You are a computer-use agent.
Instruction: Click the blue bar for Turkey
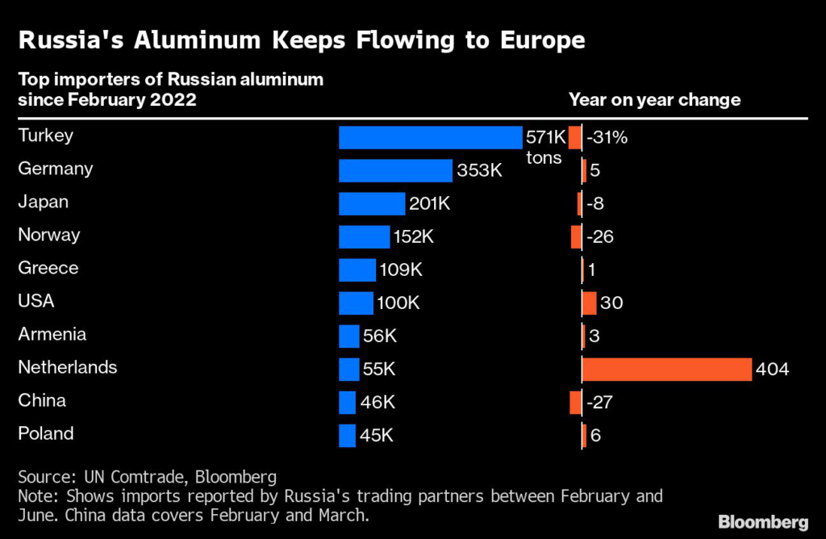coord(431,137)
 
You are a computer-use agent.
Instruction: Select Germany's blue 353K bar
coord(395,171)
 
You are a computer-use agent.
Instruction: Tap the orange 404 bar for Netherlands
coord(667,370)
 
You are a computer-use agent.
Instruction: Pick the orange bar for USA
coord(590,303)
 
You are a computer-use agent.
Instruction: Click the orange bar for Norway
coord(576,236)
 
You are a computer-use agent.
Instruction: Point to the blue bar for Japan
coord(372,204)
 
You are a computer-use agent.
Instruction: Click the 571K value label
coord(546,137)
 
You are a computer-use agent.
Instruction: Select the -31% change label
coord(607,137)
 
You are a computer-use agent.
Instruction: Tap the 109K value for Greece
coord(401,269)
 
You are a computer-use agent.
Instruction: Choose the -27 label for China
coord(599,403)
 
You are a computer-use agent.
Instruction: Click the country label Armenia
coord(52,334)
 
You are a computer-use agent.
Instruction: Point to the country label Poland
coord(46,433)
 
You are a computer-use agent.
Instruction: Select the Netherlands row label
coord(68,367)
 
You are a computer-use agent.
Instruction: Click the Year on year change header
coord(655,99)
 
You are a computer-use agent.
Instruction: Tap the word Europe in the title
coord(543,40)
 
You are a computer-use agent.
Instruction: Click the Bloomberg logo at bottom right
coord(763,521)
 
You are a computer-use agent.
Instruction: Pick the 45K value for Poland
coord(376,436)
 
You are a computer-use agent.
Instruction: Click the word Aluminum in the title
coord(197,40)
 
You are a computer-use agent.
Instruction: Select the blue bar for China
coord(347,403)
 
